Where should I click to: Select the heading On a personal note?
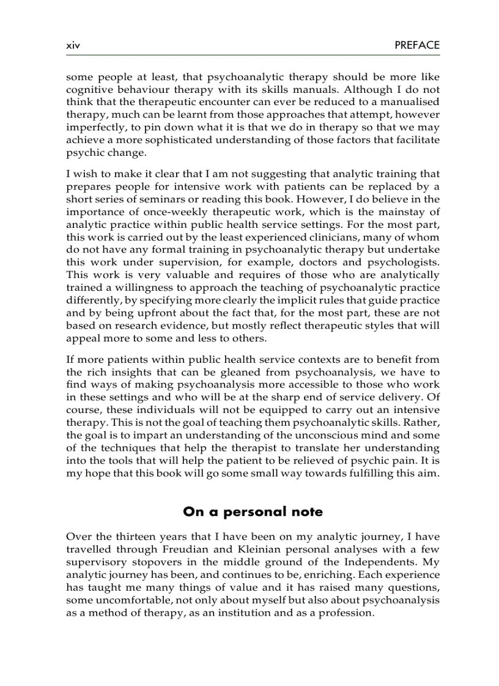pyautogui.click(x=253, y=512)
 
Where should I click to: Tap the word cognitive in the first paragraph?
pyautogui.click(x=91, y=89)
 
